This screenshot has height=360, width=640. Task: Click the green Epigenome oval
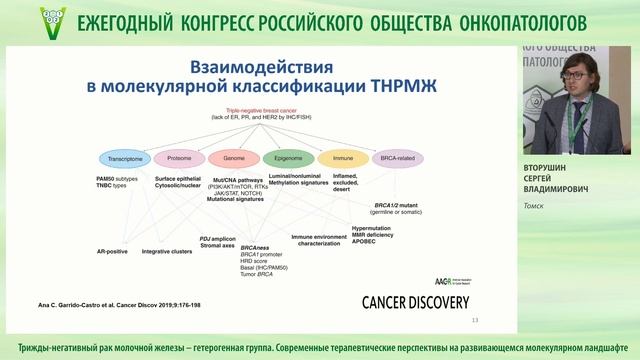tap(289, 159)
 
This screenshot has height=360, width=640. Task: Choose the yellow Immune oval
tap(345, 159)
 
